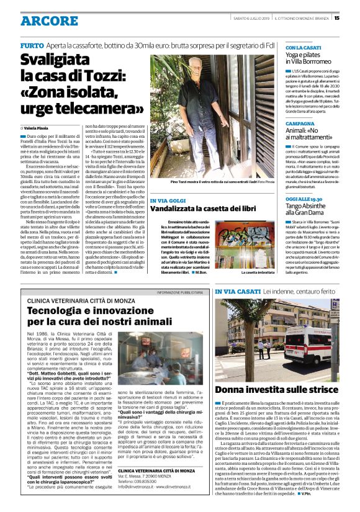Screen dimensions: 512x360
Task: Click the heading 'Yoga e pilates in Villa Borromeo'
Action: [313, 58]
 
